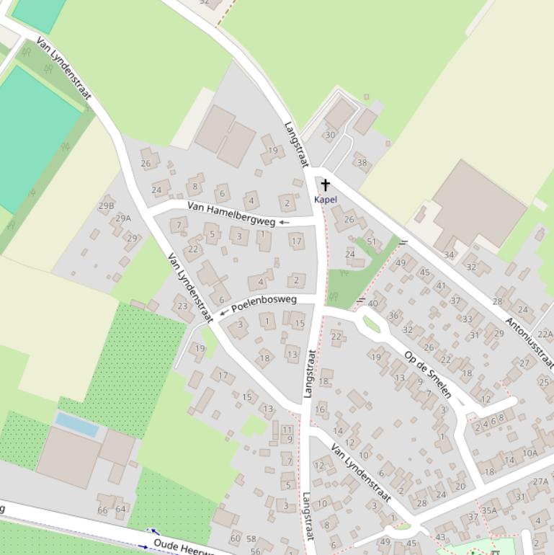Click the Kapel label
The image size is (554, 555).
click(326, 200)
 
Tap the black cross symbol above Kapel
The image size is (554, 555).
click(326, 185)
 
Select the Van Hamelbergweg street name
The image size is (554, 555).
click(231, 213)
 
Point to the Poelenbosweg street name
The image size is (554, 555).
click(264, 303)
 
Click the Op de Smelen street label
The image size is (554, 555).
click(428, 375)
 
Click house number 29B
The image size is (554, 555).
click(106, 205)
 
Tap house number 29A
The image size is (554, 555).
click(123, 218)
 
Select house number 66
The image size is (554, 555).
click(102, 510)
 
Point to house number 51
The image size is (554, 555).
click(372, 241)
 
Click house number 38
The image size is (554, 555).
click(362, 162)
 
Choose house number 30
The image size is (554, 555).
click(330, 135)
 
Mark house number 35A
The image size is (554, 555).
click(489, 510)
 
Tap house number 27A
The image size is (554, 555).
click(540, 481)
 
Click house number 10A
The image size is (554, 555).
click(530, 453)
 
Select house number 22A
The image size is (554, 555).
click(545, 334)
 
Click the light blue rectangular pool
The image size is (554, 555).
click(77, 425)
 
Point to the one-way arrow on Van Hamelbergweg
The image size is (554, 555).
click(284, 222)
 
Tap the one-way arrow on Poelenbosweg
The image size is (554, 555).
click(223, 312)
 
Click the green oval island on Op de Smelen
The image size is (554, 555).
click(372, 324)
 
